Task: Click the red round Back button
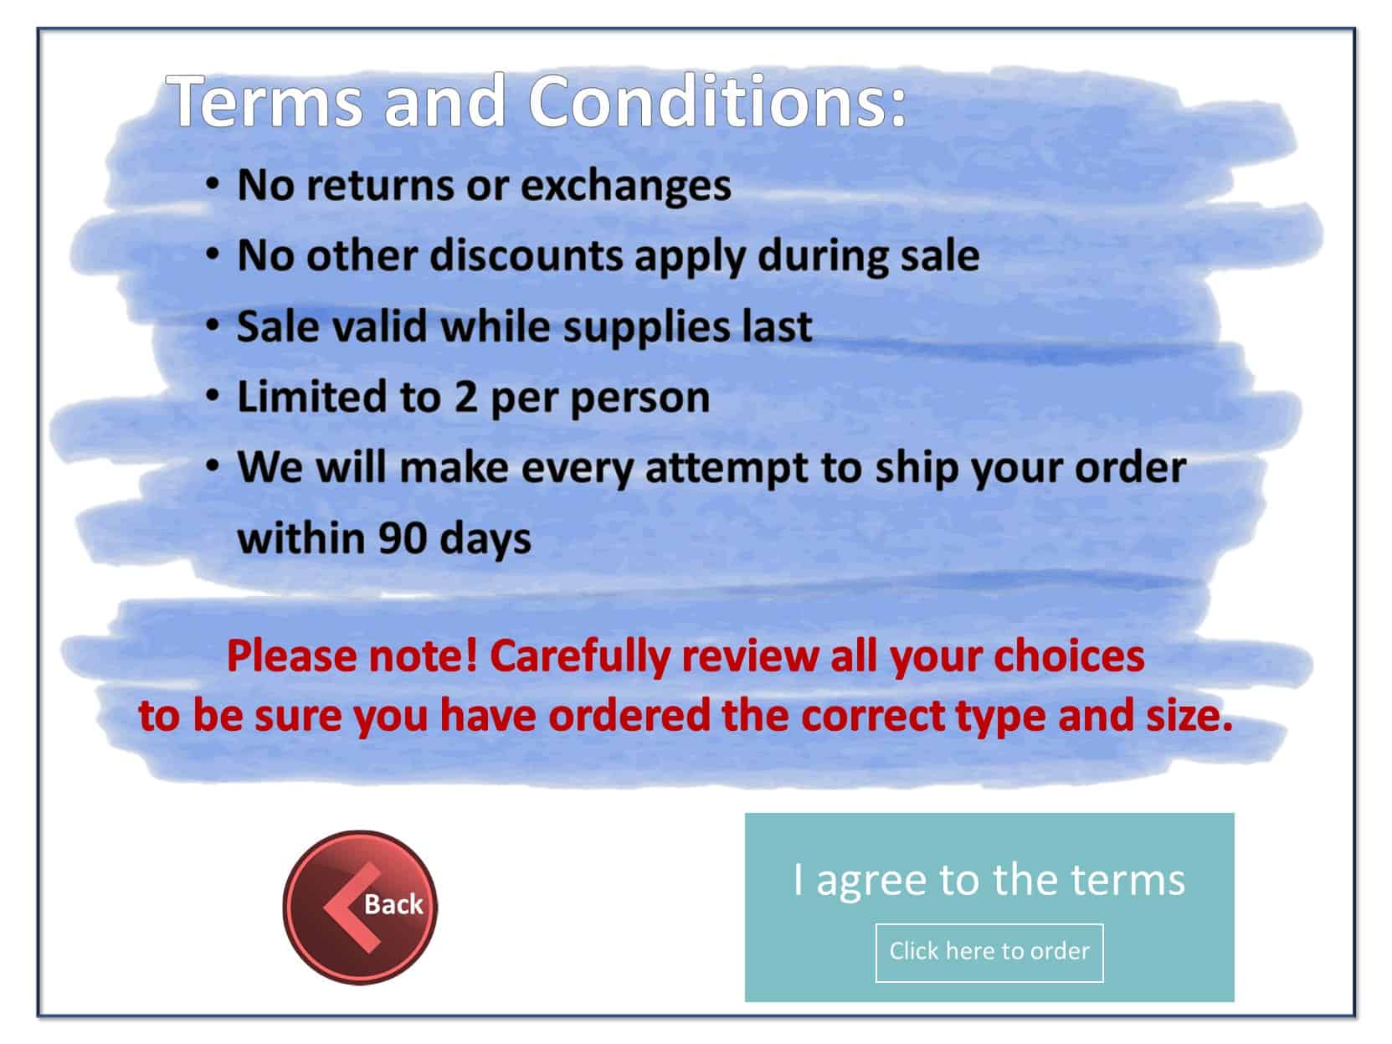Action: point(360,907)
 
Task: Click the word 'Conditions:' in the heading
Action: point(717,101)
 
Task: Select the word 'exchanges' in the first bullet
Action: point(626,186)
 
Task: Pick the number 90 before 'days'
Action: point(402,539)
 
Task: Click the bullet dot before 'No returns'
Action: point(213,184)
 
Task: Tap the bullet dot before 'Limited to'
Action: point(213,396)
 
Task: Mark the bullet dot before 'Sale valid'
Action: point(213,326)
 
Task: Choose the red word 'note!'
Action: point(423,656)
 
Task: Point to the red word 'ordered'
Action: point(629,716)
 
